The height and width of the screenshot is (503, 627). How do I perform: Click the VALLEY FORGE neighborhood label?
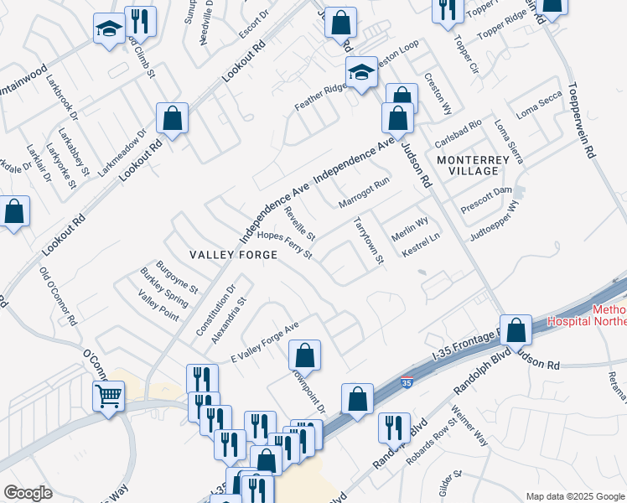click(x=221, y=255)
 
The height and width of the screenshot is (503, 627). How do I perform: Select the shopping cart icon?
click(x=109, y=395)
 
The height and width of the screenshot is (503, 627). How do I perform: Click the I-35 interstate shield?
click(x=407, y=383)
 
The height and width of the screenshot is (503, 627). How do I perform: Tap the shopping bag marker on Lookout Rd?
click(x=172, y=120)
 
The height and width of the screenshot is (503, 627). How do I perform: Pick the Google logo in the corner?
click(x=28, y=494)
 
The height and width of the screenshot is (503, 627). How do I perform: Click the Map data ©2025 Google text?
click(x=574, y=496)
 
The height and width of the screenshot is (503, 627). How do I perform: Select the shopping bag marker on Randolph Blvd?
click(x=358, y=401)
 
